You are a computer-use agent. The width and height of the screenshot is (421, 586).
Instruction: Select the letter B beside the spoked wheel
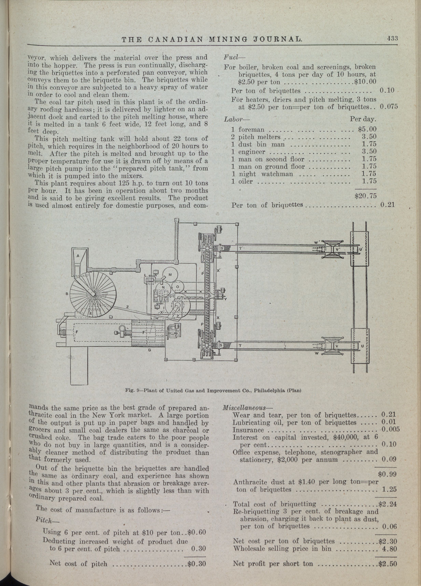click(67, 294)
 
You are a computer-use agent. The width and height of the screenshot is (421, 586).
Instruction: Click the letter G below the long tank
click(149, 350)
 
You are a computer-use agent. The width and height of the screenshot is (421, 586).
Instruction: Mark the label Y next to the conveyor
click(226, 299)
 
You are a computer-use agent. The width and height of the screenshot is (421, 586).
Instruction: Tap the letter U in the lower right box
click(362, 346)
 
